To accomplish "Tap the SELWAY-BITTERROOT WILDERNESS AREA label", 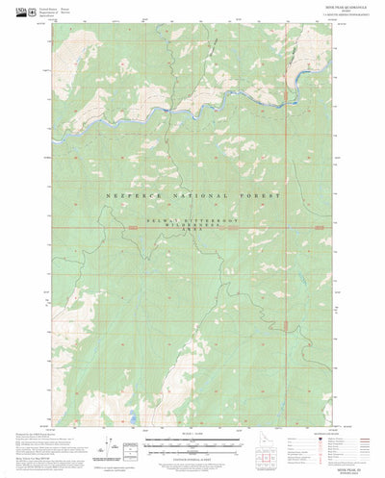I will [192, 223].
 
